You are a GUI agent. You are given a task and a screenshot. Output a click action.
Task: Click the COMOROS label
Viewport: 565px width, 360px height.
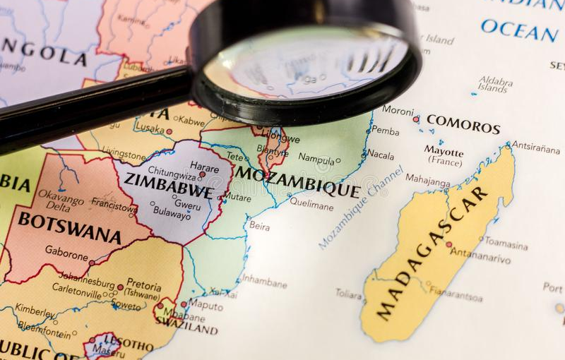463,124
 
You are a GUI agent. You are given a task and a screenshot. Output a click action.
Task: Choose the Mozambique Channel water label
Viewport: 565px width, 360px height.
360,207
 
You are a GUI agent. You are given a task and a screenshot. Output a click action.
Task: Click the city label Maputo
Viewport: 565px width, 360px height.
206,306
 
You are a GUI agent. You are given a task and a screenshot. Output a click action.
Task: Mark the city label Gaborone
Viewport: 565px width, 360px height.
66,251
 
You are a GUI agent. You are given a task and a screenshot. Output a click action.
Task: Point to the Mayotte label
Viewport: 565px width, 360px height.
444,151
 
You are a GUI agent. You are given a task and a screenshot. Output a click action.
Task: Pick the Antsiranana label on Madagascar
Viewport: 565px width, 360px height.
535,148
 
